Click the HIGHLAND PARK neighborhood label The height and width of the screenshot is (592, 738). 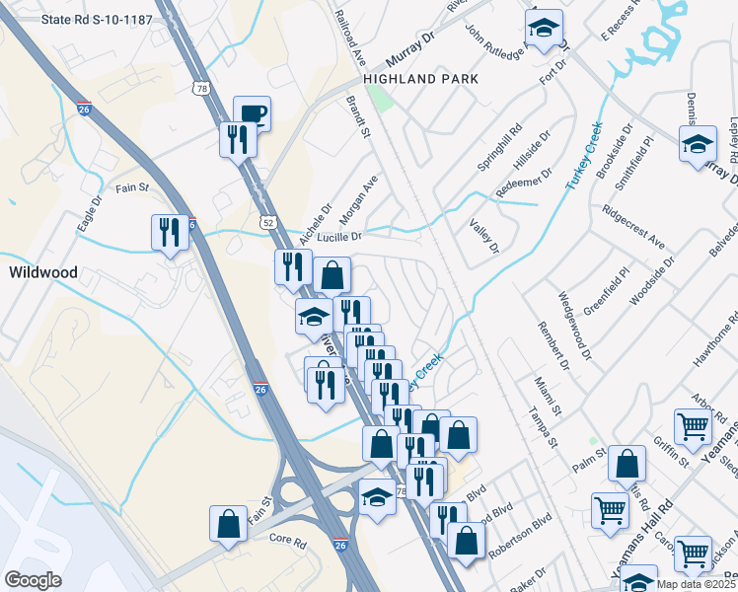point(420,79)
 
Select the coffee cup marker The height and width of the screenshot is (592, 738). point(252,113)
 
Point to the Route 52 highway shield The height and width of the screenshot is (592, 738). point(267,223)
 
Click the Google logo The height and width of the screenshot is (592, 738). point(33,579)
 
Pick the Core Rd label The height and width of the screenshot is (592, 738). point(288,539)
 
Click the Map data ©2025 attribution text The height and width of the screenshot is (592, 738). point(697,584)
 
